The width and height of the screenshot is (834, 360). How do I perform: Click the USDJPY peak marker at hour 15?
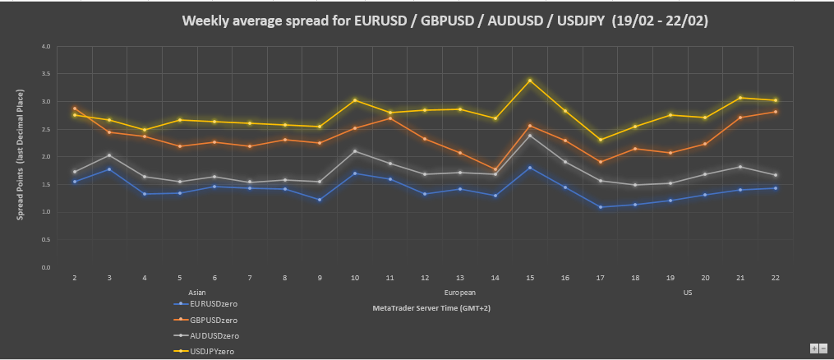[530, 81]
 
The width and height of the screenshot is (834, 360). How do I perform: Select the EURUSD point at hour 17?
[600, 207]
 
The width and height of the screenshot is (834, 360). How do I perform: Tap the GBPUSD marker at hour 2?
[75, 108]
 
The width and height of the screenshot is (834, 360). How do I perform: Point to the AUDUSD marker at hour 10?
[355, 151]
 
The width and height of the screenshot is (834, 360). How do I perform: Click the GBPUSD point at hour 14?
[495, 169]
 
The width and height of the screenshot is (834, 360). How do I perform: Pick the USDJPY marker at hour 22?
[775, 100]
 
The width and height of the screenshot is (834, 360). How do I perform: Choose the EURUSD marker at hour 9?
[320, 200]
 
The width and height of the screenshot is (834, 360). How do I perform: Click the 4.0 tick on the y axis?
[45, 47]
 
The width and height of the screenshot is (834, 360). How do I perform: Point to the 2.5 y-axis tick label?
[45, 130]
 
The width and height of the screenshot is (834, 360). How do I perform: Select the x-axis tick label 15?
[530, 279]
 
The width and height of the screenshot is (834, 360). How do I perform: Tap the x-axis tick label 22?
[775, 279]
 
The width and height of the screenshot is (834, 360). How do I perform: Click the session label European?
[459, 293]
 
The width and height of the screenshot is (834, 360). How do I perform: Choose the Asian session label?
[197, 293]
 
